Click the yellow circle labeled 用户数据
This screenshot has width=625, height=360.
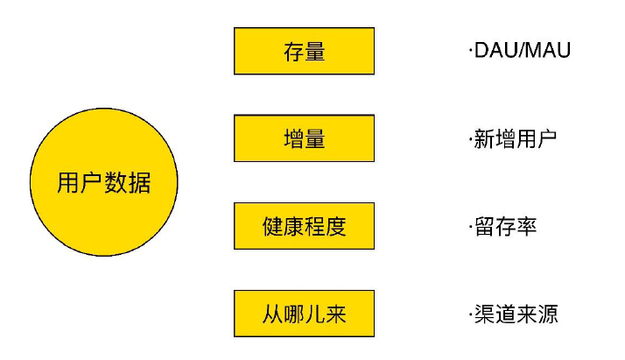coord(104,182)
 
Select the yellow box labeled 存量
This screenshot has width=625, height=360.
coord(304,51)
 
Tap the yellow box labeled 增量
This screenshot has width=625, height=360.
coord(304,138)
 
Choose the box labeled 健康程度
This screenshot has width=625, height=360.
coord(304,226)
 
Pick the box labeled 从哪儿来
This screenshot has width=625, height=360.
coord(304,314)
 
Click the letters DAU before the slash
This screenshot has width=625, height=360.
coord(496,50)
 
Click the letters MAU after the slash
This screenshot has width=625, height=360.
coord(548,50)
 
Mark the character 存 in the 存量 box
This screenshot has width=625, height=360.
coord(294,52)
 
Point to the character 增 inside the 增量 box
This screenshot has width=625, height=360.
coord(294,139)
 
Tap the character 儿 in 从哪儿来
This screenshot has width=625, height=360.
coord(314,314)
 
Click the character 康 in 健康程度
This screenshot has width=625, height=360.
coord(294,227)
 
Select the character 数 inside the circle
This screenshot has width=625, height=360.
coord(116,183)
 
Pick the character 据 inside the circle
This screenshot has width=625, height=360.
coord(139,183)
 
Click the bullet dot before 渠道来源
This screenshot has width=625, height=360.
coord(471,314)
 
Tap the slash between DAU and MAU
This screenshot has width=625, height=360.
coord(523,50)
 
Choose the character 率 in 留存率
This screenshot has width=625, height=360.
coord(526,227)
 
